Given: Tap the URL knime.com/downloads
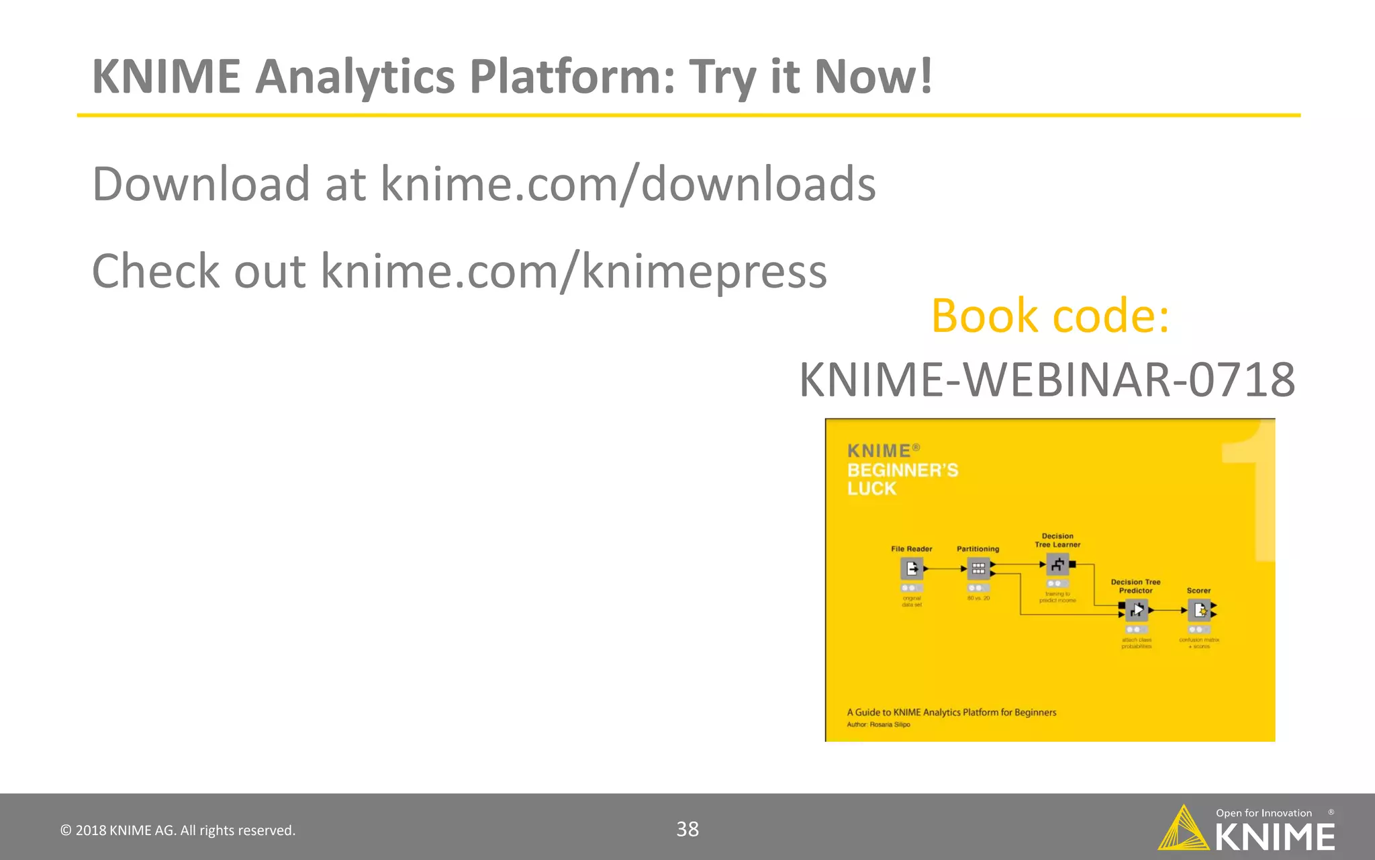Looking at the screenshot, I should [628, 183].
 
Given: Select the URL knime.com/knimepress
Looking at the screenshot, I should [573, 271].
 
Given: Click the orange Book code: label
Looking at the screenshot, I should [1050, 315].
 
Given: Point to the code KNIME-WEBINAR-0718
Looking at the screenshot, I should [1047, 380].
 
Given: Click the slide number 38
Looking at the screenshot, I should [687, 829].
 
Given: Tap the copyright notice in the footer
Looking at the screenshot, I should [178, 830].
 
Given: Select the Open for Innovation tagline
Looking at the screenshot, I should [1264, 813].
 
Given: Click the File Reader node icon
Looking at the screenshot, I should [911, 569].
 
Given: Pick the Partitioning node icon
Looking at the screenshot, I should [978, 569].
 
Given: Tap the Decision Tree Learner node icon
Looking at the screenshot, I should [1057, 565].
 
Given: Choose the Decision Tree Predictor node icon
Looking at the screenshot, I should [1136, 610].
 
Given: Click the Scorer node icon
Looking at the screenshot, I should [1199, 610].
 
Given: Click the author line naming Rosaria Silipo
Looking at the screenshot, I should [878, 724].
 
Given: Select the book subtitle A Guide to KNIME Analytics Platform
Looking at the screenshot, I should [951, 712].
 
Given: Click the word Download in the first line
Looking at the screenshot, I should [201, 183].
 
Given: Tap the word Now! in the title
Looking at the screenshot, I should [873, 76].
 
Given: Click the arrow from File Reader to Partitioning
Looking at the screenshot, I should [945, 569].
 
